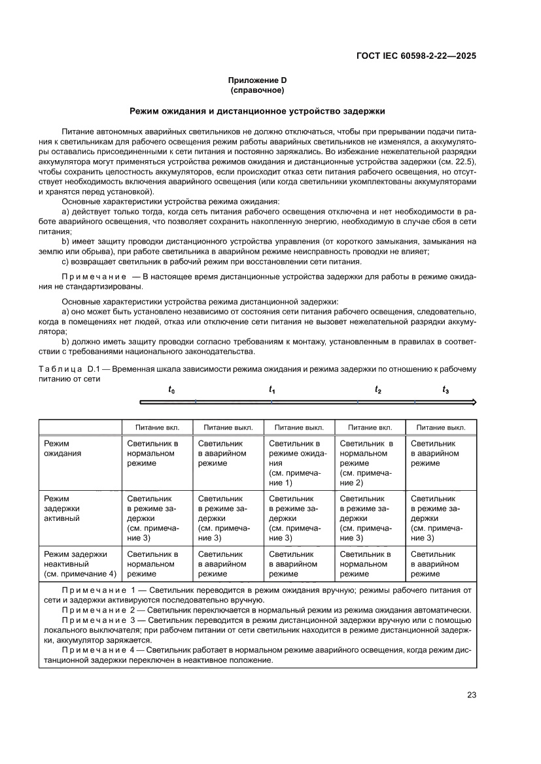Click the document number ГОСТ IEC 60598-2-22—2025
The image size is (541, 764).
(415, 56)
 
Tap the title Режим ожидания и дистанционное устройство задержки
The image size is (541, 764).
(257, 112)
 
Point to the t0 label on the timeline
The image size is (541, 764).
(171, 390)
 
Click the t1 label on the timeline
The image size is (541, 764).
(272, 390)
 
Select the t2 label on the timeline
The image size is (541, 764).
(378, 390)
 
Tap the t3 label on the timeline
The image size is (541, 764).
(445, 390)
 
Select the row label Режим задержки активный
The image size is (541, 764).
(63, 508)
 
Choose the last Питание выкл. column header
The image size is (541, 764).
(441, 427)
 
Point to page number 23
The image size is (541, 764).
(472, 695)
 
